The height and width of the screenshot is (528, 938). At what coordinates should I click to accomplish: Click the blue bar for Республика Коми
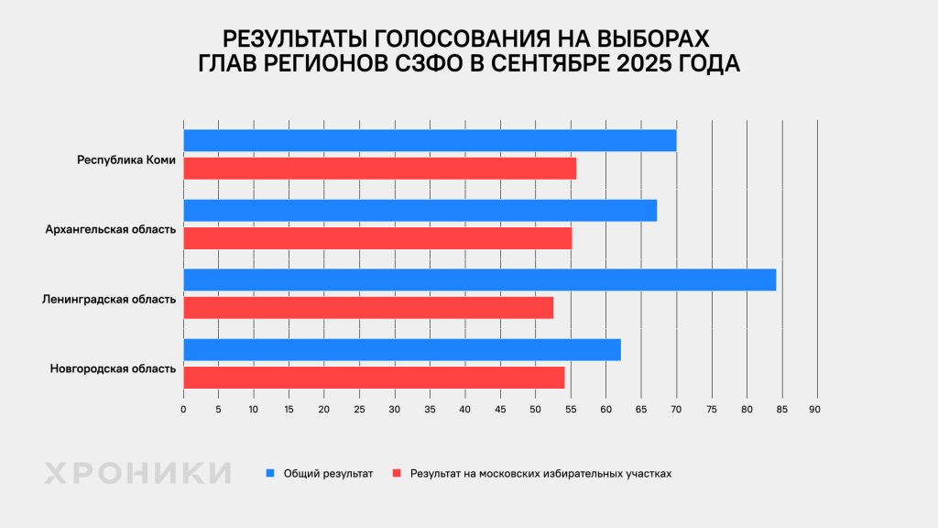[x=430, y=140]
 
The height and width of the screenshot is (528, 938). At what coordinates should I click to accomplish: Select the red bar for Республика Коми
[x=380, y=169]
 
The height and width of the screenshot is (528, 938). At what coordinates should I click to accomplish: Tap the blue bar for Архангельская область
[x=420, y=210]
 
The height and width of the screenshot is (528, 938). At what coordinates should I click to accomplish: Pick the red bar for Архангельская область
[x=377, y=238]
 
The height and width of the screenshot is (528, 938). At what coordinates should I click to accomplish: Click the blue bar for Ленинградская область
[x=480, y=280]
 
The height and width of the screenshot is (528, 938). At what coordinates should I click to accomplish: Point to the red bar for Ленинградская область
[x=368, y=308]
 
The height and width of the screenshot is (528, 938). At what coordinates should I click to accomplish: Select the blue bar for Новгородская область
[x=402, y=349]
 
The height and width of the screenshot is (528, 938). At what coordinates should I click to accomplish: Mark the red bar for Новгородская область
[x=374, y=378]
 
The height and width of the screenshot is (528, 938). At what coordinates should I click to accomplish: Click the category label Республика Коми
[x=126, y=159]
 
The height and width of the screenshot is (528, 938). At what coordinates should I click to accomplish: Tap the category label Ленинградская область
[x=109, y=299]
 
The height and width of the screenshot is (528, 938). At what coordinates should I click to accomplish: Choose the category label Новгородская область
[x=113, y=368]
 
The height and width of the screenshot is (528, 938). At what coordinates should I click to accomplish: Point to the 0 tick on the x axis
[x=183, y=408]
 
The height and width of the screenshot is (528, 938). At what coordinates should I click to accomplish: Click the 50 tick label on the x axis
[x=535, y=408]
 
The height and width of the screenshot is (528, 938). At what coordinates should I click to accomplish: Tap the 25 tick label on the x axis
[x=359, y=408]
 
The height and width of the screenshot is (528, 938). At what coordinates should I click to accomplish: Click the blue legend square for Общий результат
[x=270, y=474]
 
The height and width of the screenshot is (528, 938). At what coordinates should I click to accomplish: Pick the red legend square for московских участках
[x=397, y=474]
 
